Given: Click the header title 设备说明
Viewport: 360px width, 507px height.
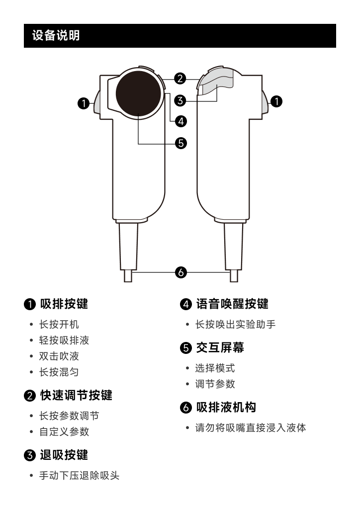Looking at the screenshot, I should coord(56,36).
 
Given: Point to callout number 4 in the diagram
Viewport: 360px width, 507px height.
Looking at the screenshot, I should coord(181,121).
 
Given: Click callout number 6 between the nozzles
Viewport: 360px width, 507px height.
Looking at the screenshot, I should coord(181,272).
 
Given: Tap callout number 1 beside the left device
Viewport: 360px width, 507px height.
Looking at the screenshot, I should coord(84,103).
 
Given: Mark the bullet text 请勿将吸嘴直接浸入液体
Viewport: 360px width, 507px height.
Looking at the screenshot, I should coord(251,427).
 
